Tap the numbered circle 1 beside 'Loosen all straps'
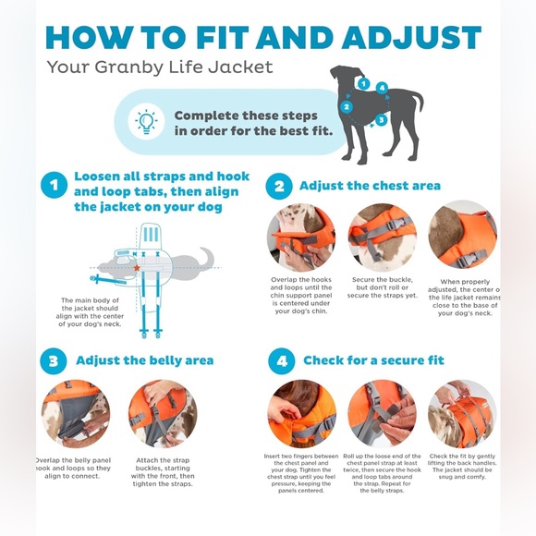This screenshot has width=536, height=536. pos(54,186)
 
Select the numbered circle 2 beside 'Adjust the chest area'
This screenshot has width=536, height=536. pos(279,186)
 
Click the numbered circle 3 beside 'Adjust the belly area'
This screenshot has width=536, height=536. pos(54,360)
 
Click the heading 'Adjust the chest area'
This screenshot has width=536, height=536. pos(370,186)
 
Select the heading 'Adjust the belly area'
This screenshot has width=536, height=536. pos(144,360)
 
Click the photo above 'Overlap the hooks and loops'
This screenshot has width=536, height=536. pos(301,238)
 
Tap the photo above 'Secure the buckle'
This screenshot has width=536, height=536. pos(382,238)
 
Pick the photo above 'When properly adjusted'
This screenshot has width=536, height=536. pos(462,235)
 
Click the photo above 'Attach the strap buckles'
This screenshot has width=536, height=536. pos(163,413)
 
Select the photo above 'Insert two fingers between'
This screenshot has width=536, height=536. pos(301,413)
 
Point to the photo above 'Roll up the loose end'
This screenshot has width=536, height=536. pos(382,413)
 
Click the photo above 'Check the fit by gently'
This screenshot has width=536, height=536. pos(462,413)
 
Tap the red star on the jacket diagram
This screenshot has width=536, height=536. pos(136,267)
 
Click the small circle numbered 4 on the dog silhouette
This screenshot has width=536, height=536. pos(382,88)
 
